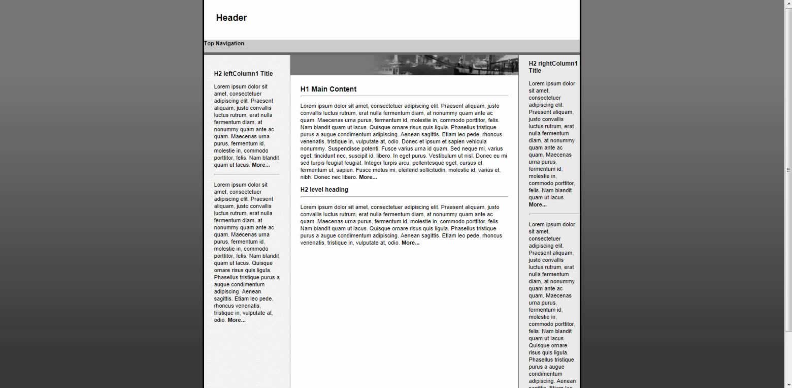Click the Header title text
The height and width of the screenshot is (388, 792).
tap(231, 18)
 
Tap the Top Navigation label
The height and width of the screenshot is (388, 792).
tap(224, 44)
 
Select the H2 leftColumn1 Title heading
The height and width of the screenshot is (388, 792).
tap(243, 74)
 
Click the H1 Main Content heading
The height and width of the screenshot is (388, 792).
tap(328, 89)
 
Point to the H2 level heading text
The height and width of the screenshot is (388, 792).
tap(324, 190)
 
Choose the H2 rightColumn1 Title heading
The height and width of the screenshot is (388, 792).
tap(552, 67)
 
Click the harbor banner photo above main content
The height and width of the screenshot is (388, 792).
tap(447, 65)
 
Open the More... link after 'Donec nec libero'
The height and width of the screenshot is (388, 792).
tap(368, 177)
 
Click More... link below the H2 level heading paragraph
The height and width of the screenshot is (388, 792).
tap(410, 243)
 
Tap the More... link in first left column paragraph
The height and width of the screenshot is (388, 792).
tap(260, 165)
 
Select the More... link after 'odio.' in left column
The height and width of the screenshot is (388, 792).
tap(236, 320)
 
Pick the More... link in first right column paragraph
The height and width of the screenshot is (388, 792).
tap(537, 205)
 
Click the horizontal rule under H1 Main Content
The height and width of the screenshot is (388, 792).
tap(404, 96)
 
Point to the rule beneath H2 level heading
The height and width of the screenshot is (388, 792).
tap(404, 196)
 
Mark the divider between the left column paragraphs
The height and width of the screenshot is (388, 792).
tap(246, 174)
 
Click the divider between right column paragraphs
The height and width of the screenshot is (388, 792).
tap(553, 214)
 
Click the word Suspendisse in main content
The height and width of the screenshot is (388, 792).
tap(345, 149)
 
